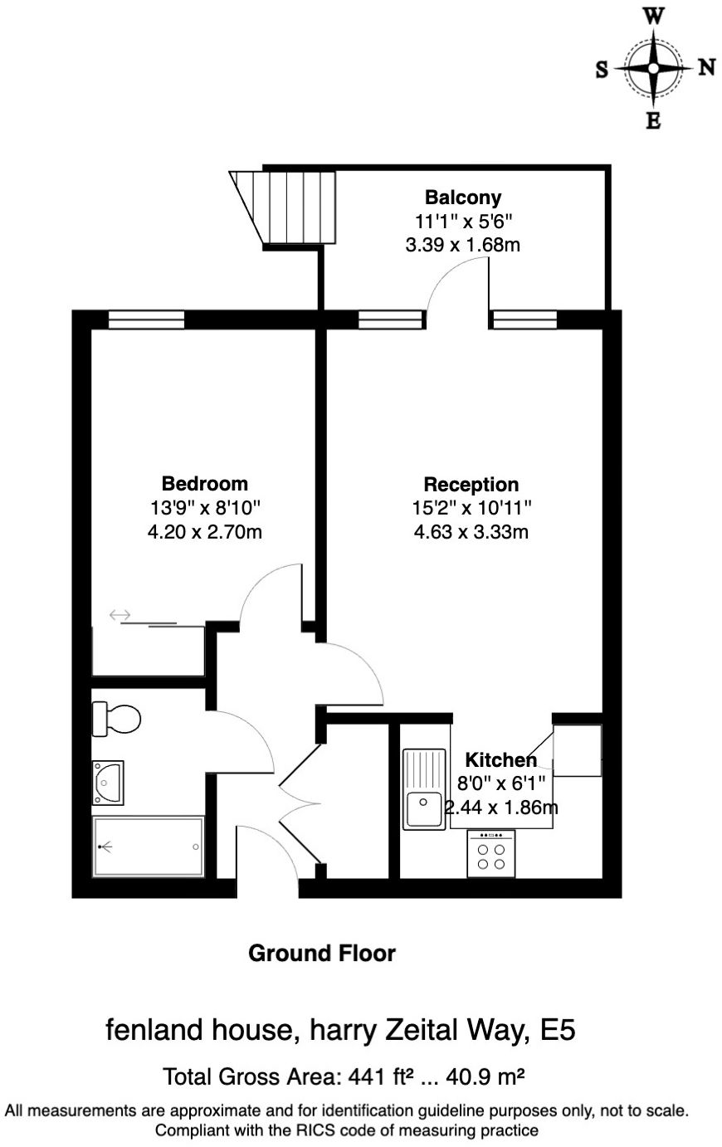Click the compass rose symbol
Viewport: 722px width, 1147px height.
(654, 68)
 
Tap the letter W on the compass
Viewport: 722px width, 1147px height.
(654, 16)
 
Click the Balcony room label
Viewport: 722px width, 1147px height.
(463, 198)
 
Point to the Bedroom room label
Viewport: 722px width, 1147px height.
(204, 483)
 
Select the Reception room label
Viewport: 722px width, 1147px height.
(471, 485)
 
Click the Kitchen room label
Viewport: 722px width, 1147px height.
(500, 759)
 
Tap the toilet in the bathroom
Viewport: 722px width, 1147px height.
(115, 719)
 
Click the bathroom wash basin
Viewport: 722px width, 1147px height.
(108, 783)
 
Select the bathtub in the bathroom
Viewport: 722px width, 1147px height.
(149, 847)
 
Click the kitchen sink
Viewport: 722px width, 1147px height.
(423, 789)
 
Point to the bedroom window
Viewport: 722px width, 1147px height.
(146, 320)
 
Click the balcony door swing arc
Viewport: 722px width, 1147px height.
(456, 282)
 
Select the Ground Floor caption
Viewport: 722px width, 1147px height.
(322, 954)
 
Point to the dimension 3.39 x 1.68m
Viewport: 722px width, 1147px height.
(462, 245)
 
